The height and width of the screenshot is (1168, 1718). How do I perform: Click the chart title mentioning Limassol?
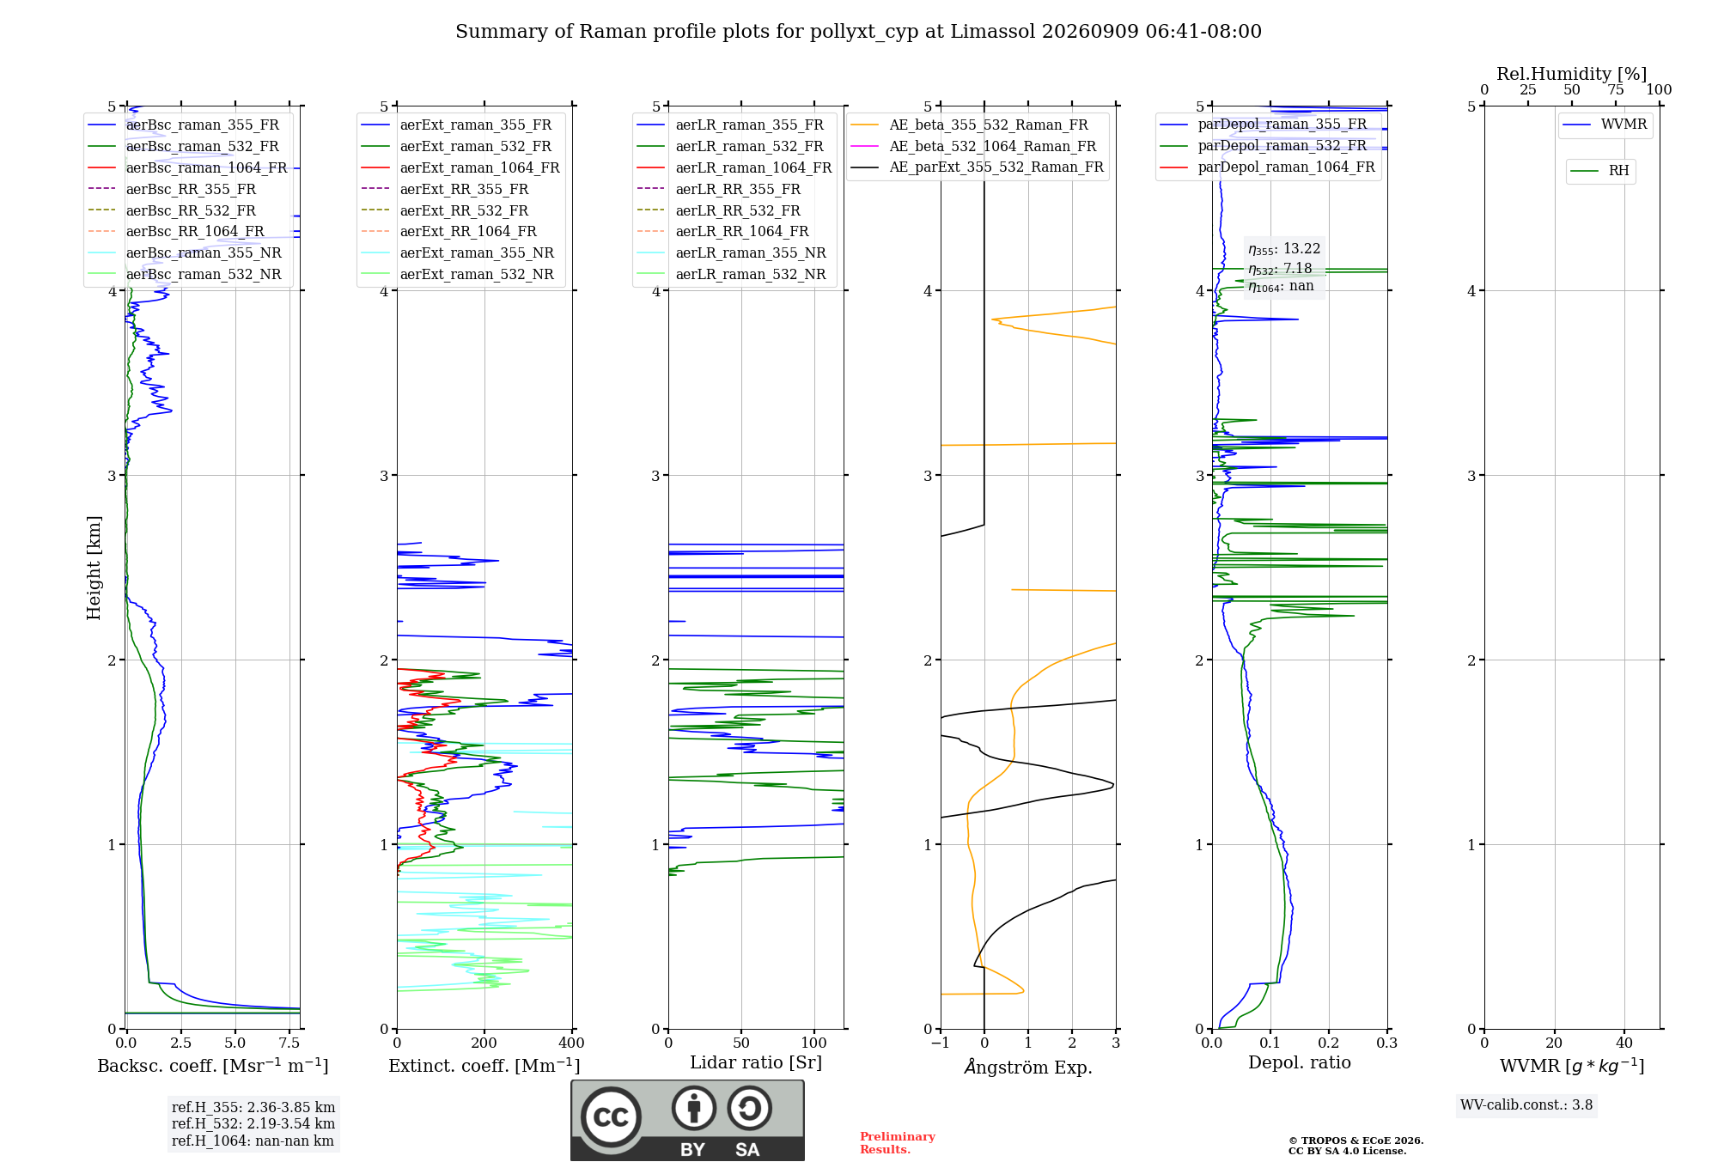tap(858, 32)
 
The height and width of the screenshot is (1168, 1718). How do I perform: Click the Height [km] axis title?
tap(94, 568)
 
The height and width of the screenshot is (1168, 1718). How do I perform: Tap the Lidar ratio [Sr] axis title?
tap(756, 1062)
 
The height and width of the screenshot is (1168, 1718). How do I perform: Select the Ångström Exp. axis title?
tap(1028, 1067)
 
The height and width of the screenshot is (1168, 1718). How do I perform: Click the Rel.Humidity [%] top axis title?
tap(1572, 74)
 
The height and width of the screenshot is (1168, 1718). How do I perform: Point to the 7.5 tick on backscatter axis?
tap(289, 1043)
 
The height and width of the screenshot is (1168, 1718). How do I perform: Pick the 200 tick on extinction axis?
tap(484, 1043)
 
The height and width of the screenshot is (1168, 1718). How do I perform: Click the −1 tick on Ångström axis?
tap(941, 1043)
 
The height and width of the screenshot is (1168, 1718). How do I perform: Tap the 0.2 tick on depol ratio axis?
tap(1329, 1043)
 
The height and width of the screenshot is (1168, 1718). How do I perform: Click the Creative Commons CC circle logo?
tap(611, 1117)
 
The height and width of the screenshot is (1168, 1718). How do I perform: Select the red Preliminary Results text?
tap(898, 1143)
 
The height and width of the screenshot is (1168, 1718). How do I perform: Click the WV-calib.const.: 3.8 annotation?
tap(1526, 1105)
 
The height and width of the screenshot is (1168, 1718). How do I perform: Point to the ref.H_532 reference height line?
tap(253, 1123)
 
